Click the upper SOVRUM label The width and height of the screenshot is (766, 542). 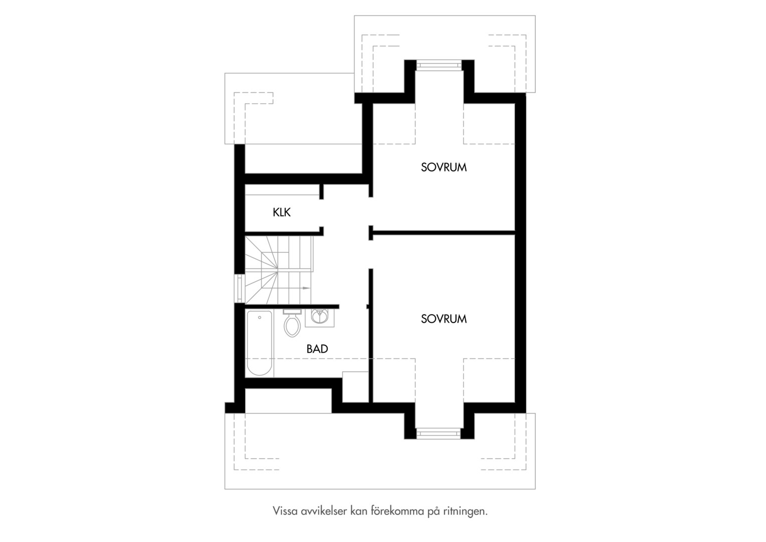pyautogui.click(x=444, y=168)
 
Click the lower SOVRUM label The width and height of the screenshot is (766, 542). pyautogui.click(x=444, y=319)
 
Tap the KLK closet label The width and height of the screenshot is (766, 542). pyautogui.click(x=281, y=213)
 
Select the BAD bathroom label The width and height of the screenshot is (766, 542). pyautogui.click(x=317, y=349)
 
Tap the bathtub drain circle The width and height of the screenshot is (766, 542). pyautogui.click(x=260, y=318)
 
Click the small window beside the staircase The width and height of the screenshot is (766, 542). pyautogui.click(x=240, y=288)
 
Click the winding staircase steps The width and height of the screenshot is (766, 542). pyautogui.click(x=278, y=270)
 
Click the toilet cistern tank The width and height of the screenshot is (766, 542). pyautogui.click(x=292, y=312)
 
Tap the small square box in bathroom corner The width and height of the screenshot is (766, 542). pyautogui.click(x=355, y=387)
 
